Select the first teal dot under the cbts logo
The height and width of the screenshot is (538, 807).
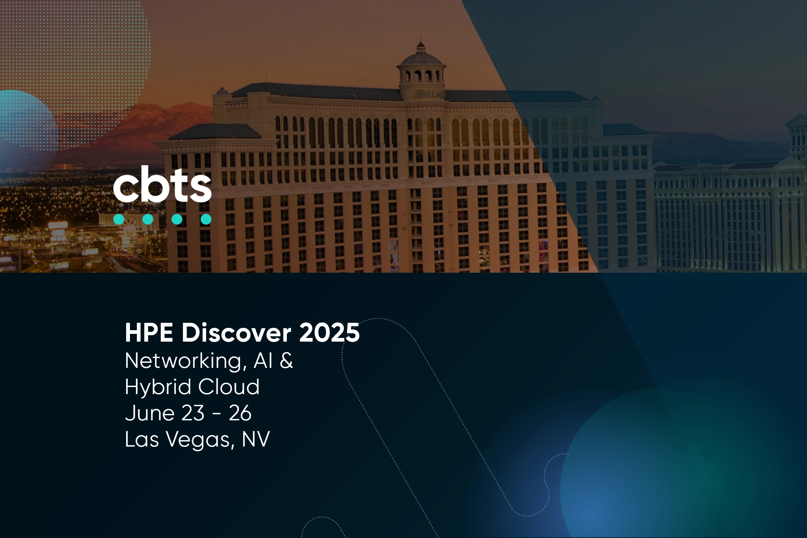click(119, 219)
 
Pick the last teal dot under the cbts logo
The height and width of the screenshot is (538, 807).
click(206, 219)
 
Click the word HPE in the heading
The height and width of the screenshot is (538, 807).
click(149, 333)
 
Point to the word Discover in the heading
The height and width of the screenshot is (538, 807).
click(236, 333)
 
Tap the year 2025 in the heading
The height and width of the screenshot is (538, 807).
click(330, 333)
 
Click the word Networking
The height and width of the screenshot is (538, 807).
click(186, 361)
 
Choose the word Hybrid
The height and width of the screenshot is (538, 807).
click(158, 387)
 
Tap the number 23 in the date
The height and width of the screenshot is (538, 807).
click(193, 413)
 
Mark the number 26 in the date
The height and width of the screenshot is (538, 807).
click(240, 413)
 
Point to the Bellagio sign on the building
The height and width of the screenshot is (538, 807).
click(429, 94)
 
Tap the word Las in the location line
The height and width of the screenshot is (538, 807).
click(142, 439)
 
